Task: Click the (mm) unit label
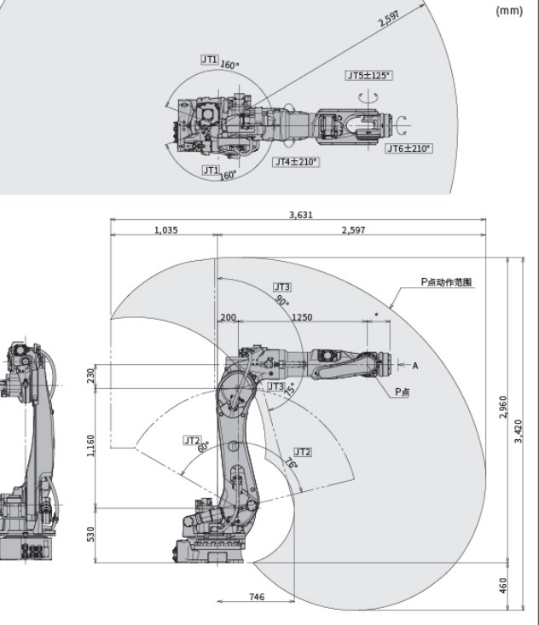[x=508, y=11]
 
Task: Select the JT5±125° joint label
[x=369, y=76]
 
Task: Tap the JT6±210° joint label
[x=409, y=148]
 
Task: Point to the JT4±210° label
[x=296, y=161]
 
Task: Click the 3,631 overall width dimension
[x=301, y=215]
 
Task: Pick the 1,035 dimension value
[x=165, y=230]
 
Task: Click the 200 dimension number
[x=229, y=317]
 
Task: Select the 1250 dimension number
[x=302, y=317]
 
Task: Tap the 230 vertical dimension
[x=91, y=374]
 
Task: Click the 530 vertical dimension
[x=91, y=533]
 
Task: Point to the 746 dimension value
[x=257, y=597]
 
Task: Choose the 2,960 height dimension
[x=503, y=408]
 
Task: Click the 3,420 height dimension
[x=519, y=431]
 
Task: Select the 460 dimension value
[x=503, y=586]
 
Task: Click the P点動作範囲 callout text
[x=446, y=281]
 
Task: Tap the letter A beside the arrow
[x=415, y=366]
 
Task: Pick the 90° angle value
[x=282, y=301]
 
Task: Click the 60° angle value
[x=203, y=448]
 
